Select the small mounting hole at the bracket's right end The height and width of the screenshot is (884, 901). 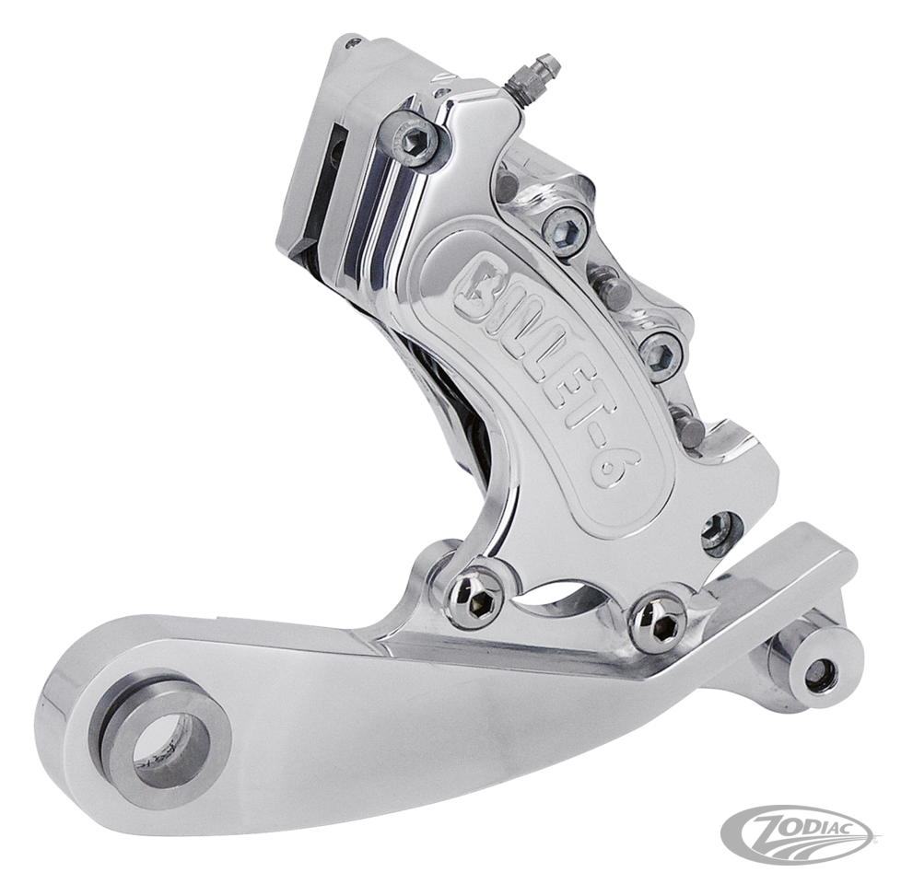click(x=817, y=675)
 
